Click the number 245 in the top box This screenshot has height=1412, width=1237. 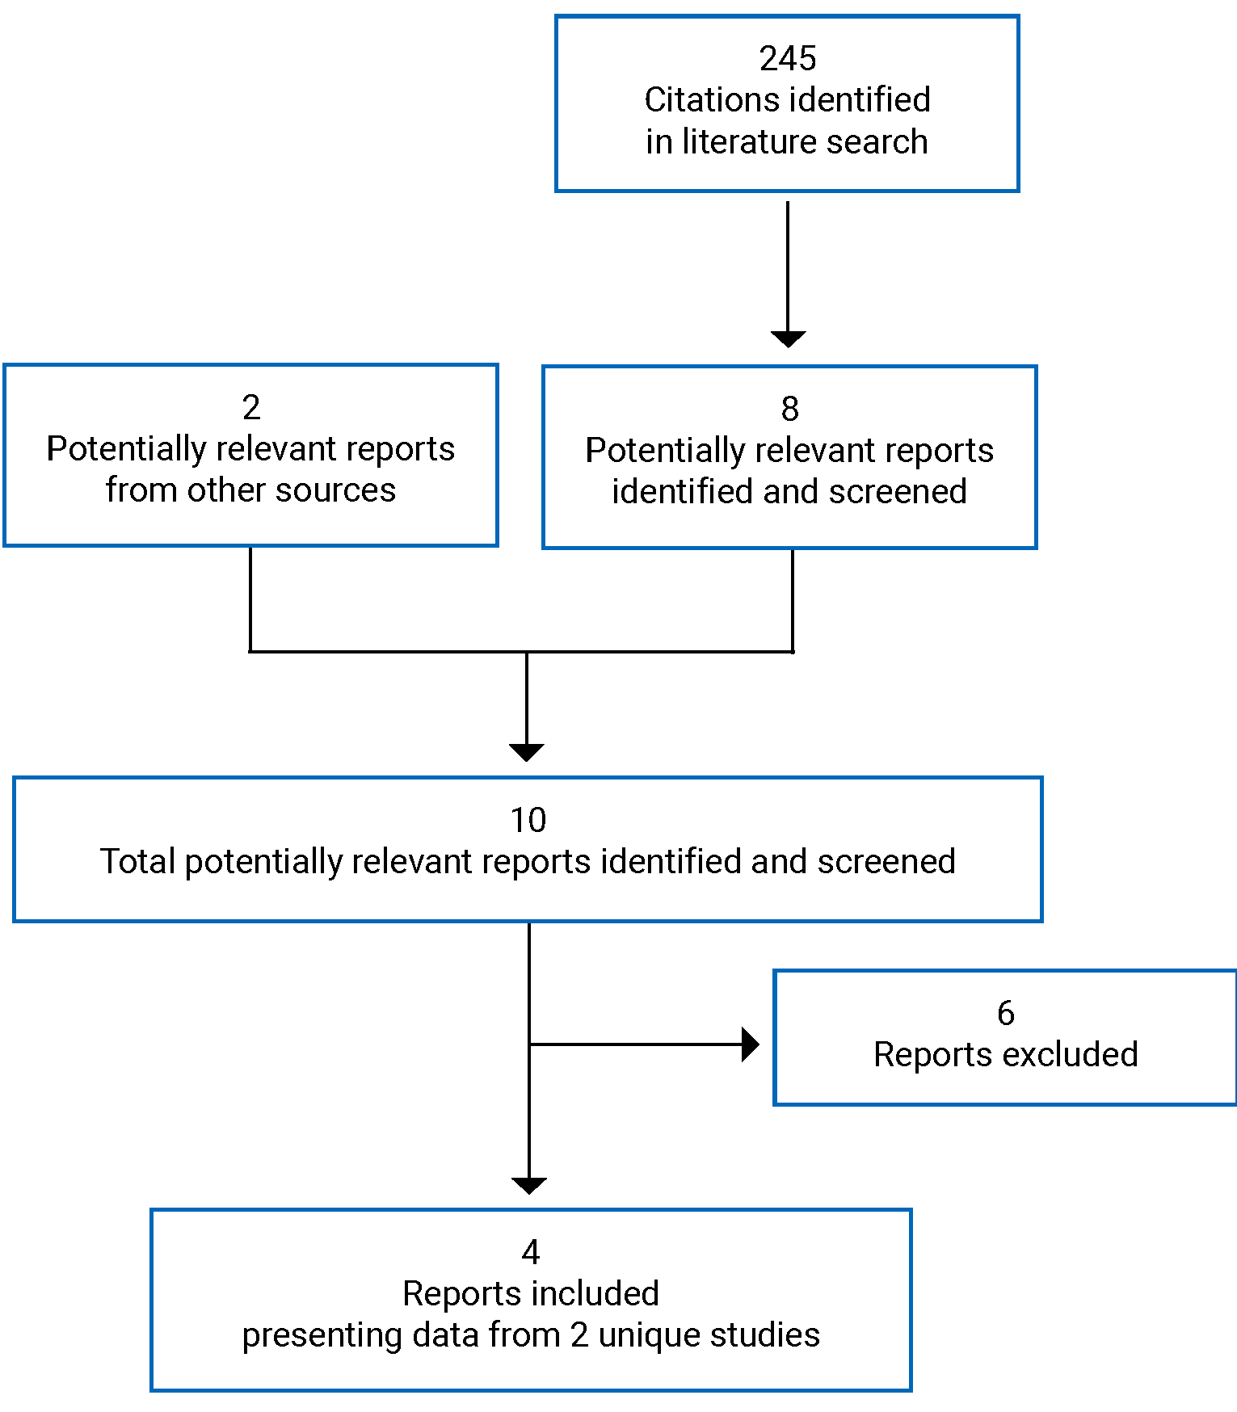[x=787, y=58]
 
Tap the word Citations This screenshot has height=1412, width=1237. [x=700, y=100]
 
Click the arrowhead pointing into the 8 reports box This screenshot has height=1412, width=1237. [x=788, y=338]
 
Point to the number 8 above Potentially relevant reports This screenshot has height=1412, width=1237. [x=789, y=409]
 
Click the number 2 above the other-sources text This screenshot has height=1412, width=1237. [x=251, y=407]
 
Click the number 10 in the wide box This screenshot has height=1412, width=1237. [x=528, y=821]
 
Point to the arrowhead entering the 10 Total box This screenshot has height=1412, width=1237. [x=527, y=752]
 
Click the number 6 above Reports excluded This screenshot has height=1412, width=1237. [x=1005, y=1013]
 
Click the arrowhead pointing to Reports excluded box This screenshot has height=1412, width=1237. [x=750, y=1044]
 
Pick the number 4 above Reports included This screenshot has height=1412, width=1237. [x=530, y=1252]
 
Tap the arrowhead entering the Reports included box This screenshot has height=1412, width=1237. [x=529, y=1185]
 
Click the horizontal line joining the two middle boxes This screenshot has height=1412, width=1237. [x=521, y=651]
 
